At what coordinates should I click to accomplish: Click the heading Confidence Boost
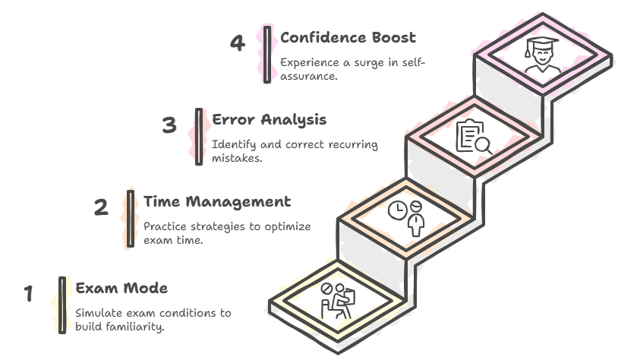coord(348,37)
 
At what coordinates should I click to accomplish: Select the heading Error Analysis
coord(270,120)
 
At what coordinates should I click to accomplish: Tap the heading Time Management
coord(217,202)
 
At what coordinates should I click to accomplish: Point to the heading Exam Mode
coord(121,289)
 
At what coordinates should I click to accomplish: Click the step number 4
coord(238,43)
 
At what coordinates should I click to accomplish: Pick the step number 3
coord(169,125)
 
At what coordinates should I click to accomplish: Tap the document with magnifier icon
coord(471,138)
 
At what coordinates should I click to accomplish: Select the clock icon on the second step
coord(396,210)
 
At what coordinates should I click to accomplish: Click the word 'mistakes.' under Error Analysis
coord(237,159)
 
